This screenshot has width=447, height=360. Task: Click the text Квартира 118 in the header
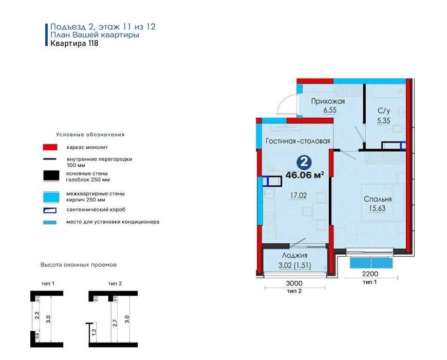click(74, 43)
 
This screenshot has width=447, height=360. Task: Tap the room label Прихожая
click(328, 101)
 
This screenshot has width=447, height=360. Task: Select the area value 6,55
click(330, 110)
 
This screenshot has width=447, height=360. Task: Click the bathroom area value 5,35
click(383, 121)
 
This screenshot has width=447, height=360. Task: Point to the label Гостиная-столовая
click(298, 141)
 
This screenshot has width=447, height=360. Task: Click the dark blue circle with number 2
click(304, 163)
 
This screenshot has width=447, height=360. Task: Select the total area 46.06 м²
click(305, 175)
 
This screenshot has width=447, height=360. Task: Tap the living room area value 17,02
click(299, 196)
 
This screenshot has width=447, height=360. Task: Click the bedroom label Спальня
click(377, 199)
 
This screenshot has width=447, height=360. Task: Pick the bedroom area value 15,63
click(377, 208)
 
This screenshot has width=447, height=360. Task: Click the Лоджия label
click(294, 256)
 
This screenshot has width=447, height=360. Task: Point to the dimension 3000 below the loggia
click(294, 283)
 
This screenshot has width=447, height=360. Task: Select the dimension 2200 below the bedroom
click(370, 274)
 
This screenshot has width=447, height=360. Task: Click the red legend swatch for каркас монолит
click(50, 147)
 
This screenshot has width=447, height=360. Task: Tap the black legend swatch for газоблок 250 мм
click(51, 176)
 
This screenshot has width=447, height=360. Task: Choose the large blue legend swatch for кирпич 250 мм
click(51, 197)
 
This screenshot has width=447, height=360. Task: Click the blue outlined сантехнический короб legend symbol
click(50, 210)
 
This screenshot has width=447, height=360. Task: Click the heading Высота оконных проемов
click(79, 265)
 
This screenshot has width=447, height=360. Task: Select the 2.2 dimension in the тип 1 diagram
click(36, 315)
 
